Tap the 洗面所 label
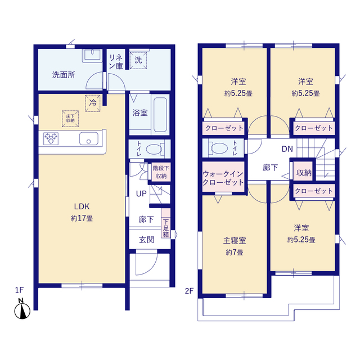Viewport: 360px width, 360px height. tap(64, 74)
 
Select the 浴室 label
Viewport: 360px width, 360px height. tap(140, 113)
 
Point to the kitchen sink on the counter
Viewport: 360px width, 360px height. tap(89, 139)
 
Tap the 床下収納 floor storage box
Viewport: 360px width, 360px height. tap(70, 117)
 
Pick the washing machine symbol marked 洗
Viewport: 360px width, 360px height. tap(137, 60)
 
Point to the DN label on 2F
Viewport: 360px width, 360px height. tap(287, 149)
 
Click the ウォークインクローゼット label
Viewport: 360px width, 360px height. tap(224, 178)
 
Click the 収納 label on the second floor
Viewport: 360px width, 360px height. tap(304, 173)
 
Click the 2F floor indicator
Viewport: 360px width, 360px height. tap(189, 291)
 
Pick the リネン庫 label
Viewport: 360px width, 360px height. tap(116, 61)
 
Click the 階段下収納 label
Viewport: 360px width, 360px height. tap(160, 172)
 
